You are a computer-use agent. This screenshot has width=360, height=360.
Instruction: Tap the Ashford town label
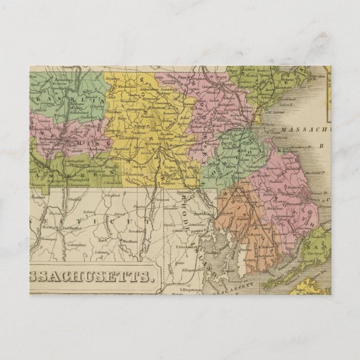(x=116, y=215)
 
